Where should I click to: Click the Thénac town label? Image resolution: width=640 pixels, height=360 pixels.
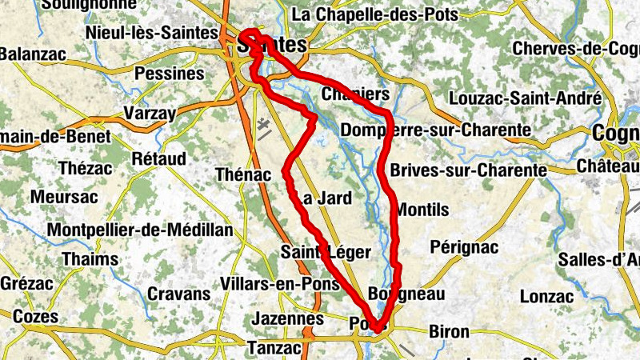click(x=244, y=174)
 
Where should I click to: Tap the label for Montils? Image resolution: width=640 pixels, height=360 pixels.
click(x=422, y=210)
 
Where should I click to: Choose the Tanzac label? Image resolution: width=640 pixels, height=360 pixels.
click(x=274, y=348)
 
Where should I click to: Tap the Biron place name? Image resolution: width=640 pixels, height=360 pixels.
click(x=450, y=330)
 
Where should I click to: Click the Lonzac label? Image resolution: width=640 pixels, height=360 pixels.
click(x=546, y=296)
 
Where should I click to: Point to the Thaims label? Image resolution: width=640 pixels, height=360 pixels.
click(x=90, y=259)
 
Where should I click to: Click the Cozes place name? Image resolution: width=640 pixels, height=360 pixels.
click(x=36, y=317)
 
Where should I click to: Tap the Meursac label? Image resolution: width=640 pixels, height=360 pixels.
click(x=64, y=196)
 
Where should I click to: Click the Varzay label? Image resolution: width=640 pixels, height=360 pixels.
click(x=150, y=113)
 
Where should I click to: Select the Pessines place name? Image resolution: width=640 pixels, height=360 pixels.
click(x=170, y=74)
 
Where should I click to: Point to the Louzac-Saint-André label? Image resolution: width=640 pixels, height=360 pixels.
click(x=526, y=98)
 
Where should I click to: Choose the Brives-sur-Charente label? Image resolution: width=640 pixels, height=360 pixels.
click(x=469, y=170)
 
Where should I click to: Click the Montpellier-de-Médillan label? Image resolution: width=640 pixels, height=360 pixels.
click(x=141, y=230)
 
